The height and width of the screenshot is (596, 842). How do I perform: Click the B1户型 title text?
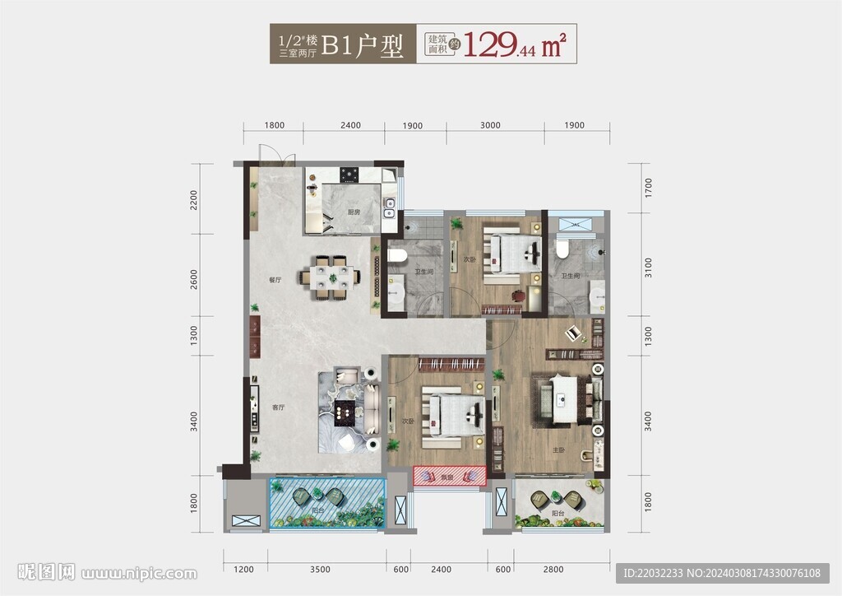click(x=362, y=45)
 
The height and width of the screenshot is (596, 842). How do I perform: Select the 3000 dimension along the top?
click(x=490, y=125)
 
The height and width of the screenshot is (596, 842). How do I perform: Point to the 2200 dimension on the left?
click(x=195, y=201)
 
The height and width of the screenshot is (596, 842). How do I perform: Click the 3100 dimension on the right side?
click(x=648, y=268)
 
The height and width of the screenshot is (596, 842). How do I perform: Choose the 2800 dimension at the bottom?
click(x=553, y=570)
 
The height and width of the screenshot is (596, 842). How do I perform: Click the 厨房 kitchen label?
click(x=354, y=212)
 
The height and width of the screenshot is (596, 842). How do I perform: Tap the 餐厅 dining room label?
click(x=275, y=280)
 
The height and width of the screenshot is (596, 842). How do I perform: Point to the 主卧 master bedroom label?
click(x=558, y=450)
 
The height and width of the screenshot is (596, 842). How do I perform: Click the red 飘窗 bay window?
click(x=449, y=476)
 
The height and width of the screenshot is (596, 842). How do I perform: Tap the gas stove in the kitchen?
click(x=351, y=174)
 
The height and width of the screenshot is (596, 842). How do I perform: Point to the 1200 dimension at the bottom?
click(x=244, y=570)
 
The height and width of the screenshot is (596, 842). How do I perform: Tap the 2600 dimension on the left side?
click(x=195, y=279)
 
